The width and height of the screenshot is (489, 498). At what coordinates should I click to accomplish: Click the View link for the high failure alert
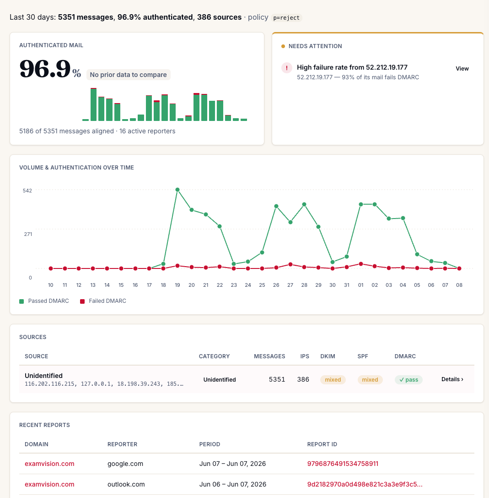pos(462,69)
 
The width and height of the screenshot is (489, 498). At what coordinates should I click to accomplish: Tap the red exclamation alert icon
pos(287,68)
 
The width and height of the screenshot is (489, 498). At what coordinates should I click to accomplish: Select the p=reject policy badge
pos(286,18)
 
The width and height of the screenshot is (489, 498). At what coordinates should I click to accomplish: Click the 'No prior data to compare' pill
pos(128,75)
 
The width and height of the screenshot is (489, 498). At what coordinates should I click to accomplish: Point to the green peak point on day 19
pos(177,190)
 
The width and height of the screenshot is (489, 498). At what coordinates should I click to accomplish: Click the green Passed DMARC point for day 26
pos(276,206)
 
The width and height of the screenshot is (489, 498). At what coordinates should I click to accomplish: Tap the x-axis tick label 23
pos(234,285)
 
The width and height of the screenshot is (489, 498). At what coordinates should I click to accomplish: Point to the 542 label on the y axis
pos(27,191)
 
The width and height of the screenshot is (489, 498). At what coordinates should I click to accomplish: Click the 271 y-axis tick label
pos(28,234)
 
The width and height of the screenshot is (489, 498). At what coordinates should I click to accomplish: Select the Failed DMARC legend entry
pos(103,301)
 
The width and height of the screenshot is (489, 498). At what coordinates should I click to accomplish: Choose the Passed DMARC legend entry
pos(44,301)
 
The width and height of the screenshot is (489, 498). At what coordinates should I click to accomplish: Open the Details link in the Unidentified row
pos(452,379)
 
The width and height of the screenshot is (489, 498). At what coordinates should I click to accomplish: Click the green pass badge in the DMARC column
pos(408,379)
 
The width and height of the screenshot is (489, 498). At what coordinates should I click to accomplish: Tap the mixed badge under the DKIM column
pos(333,379)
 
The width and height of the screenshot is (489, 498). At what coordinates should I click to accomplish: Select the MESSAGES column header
pos(269,356)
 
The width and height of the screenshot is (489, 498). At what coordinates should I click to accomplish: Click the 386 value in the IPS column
pos(303,379)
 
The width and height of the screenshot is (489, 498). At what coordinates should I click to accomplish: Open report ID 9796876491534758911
pos(343,464)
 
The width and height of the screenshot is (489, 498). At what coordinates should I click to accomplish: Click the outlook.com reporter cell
pos(126,484)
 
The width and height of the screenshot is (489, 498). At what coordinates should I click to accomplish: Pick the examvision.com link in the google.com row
pos(49,464)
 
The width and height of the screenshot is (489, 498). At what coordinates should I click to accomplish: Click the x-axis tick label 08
pos(459,285)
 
